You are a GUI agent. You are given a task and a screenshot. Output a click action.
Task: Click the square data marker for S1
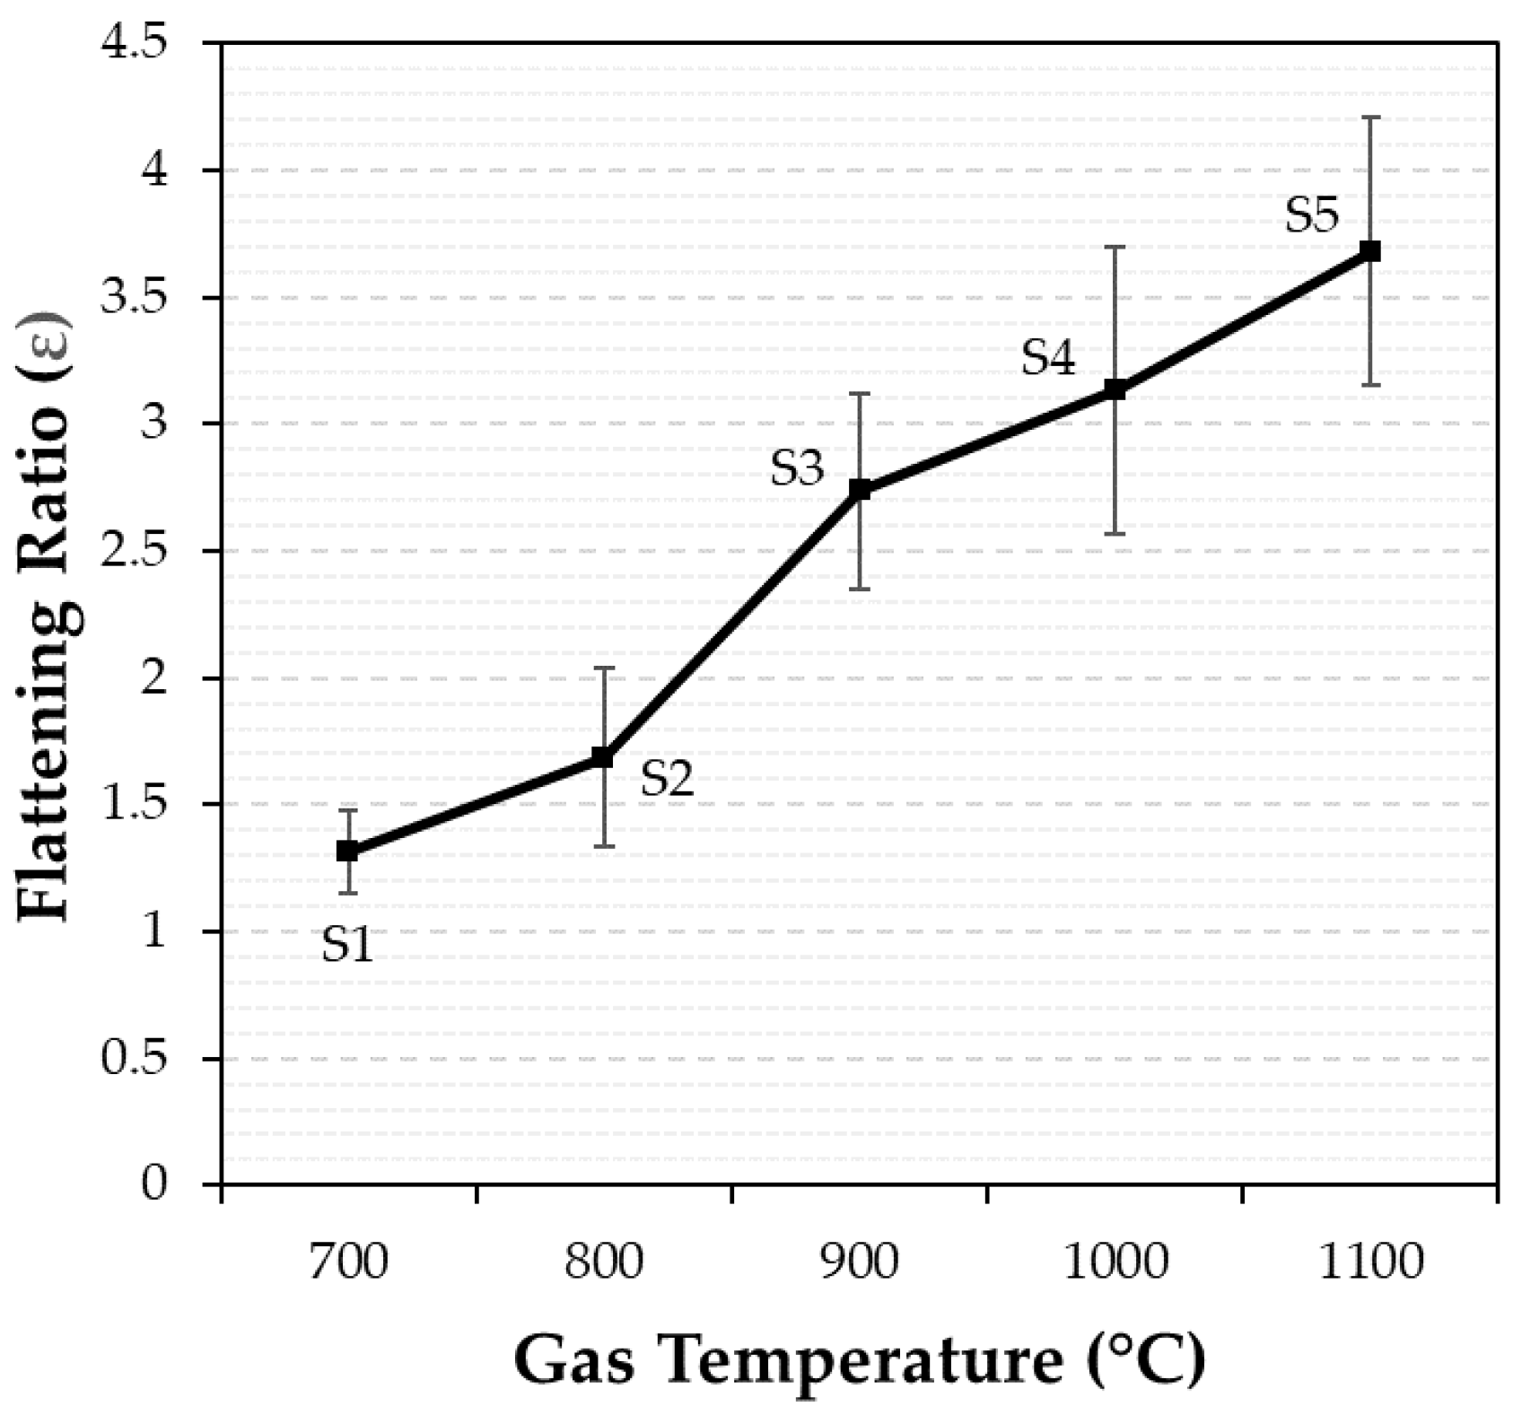[347, 851]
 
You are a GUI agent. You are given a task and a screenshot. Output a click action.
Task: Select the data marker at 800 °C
[603, 758]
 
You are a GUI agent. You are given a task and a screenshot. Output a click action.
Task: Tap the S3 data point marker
[860, 489]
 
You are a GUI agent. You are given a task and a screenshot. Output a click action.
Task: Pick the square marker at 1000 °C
[1115, 389]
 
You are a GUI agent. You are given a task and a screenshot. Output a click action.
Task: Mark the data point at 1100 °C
[1370, 251]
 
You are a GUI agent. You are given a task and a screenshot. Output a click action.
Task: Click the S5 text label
[1312, 216]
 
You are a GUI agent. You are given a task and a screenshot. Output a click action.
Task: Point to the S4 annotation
[1048, 359]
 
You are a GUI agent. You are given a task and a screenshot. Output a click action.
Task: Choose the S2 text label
[668, 780]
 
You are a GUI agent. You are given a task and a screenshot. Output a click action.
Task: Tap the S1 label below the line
[347, 945]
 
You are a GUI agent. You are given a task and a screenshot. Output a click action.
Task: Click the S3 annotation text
[797, 468]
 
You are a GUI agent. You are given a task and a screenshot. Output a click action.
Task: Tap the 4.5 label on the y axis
[137, 44]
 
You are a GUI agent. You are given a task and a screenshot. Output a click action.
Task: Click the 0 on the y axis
[155, 1184]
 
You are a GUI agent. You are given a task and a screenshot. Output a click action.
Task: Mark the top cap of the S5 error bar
[1370, 118]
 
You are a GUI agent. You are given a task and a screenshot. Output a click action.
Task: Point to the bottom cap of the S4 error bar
[1115, 534]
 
